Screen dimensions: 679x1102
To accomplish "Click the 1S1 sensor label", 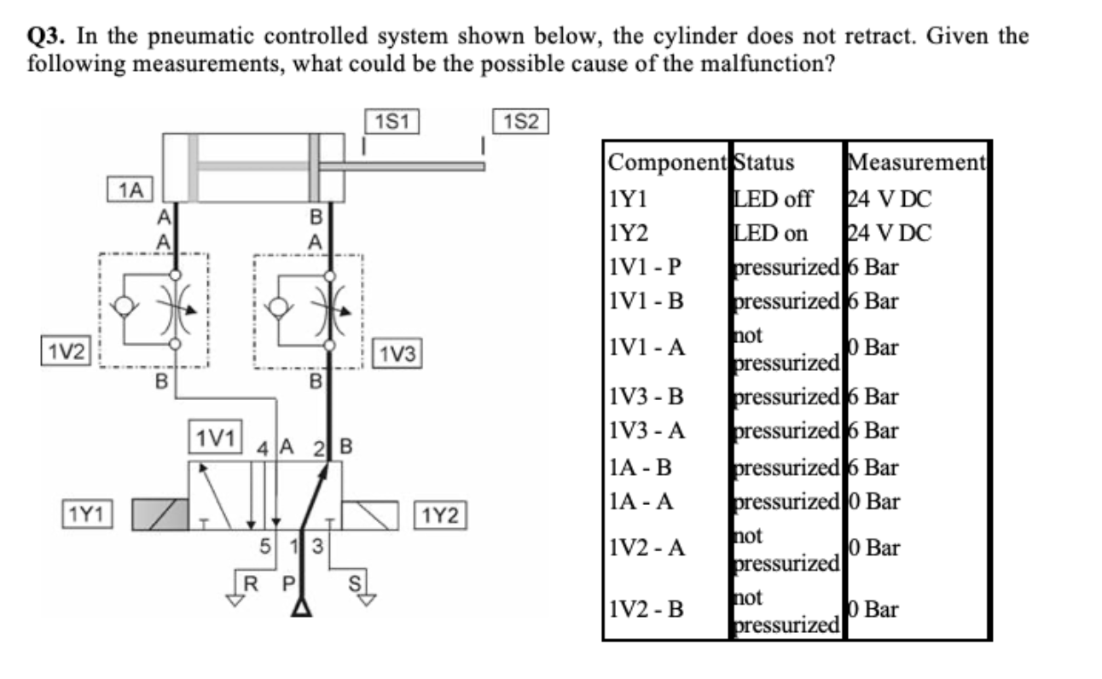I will [391, 122].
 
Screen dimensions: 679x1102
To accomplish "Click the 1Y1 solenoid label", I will [87, 514].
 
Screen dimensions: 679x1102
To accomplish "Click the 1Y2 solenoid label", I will [441, 515].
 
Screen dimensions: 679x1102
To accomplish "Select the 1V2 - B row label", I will [647, 609].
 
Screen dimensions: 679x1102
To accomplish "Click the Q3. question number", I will [49, 37].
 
